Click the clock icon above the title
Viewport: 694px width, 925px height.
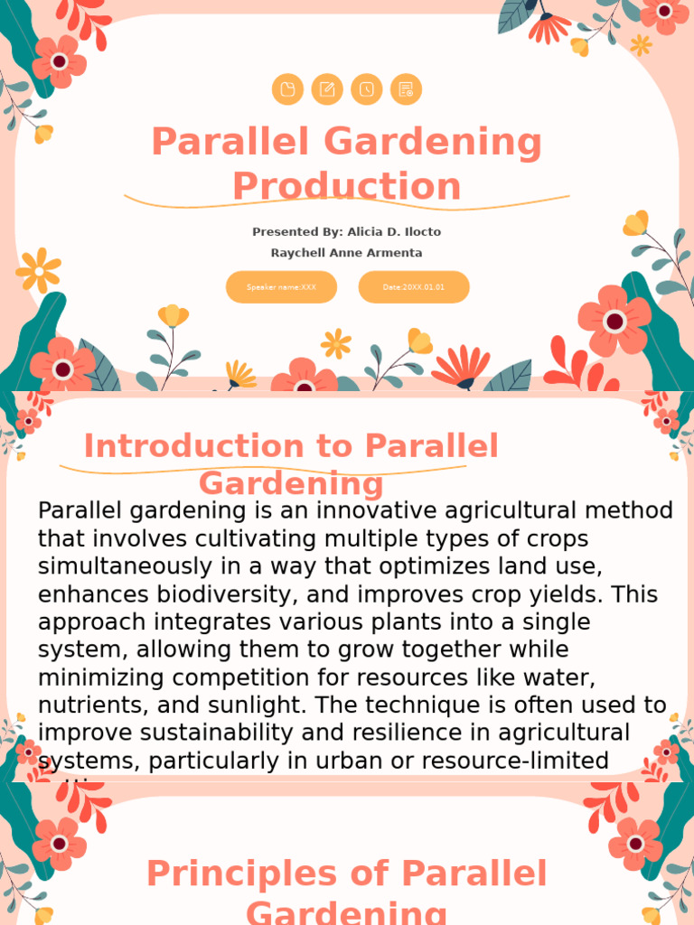(x=367, y=89)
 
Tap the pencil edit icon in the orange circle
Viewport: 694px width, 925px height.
(x=327, y=89)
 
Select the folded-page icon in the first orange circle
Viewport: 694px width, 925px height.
(x=287, y=89)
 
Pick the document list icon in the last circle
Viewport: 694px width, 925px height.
(x=406, y=89)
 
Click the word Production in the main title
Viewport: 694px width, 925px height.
(x=347, y=187)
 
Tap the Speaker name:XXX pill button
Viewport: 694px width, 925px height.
(x=281, y=287)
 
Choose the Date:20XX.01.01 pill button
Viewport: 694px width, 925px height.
(x=414, y=287)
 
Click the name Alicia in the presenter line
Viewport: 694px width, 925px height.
(x=370, y=232)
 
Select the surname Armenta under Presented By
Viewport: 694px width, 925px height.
(x=390, y=253)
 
